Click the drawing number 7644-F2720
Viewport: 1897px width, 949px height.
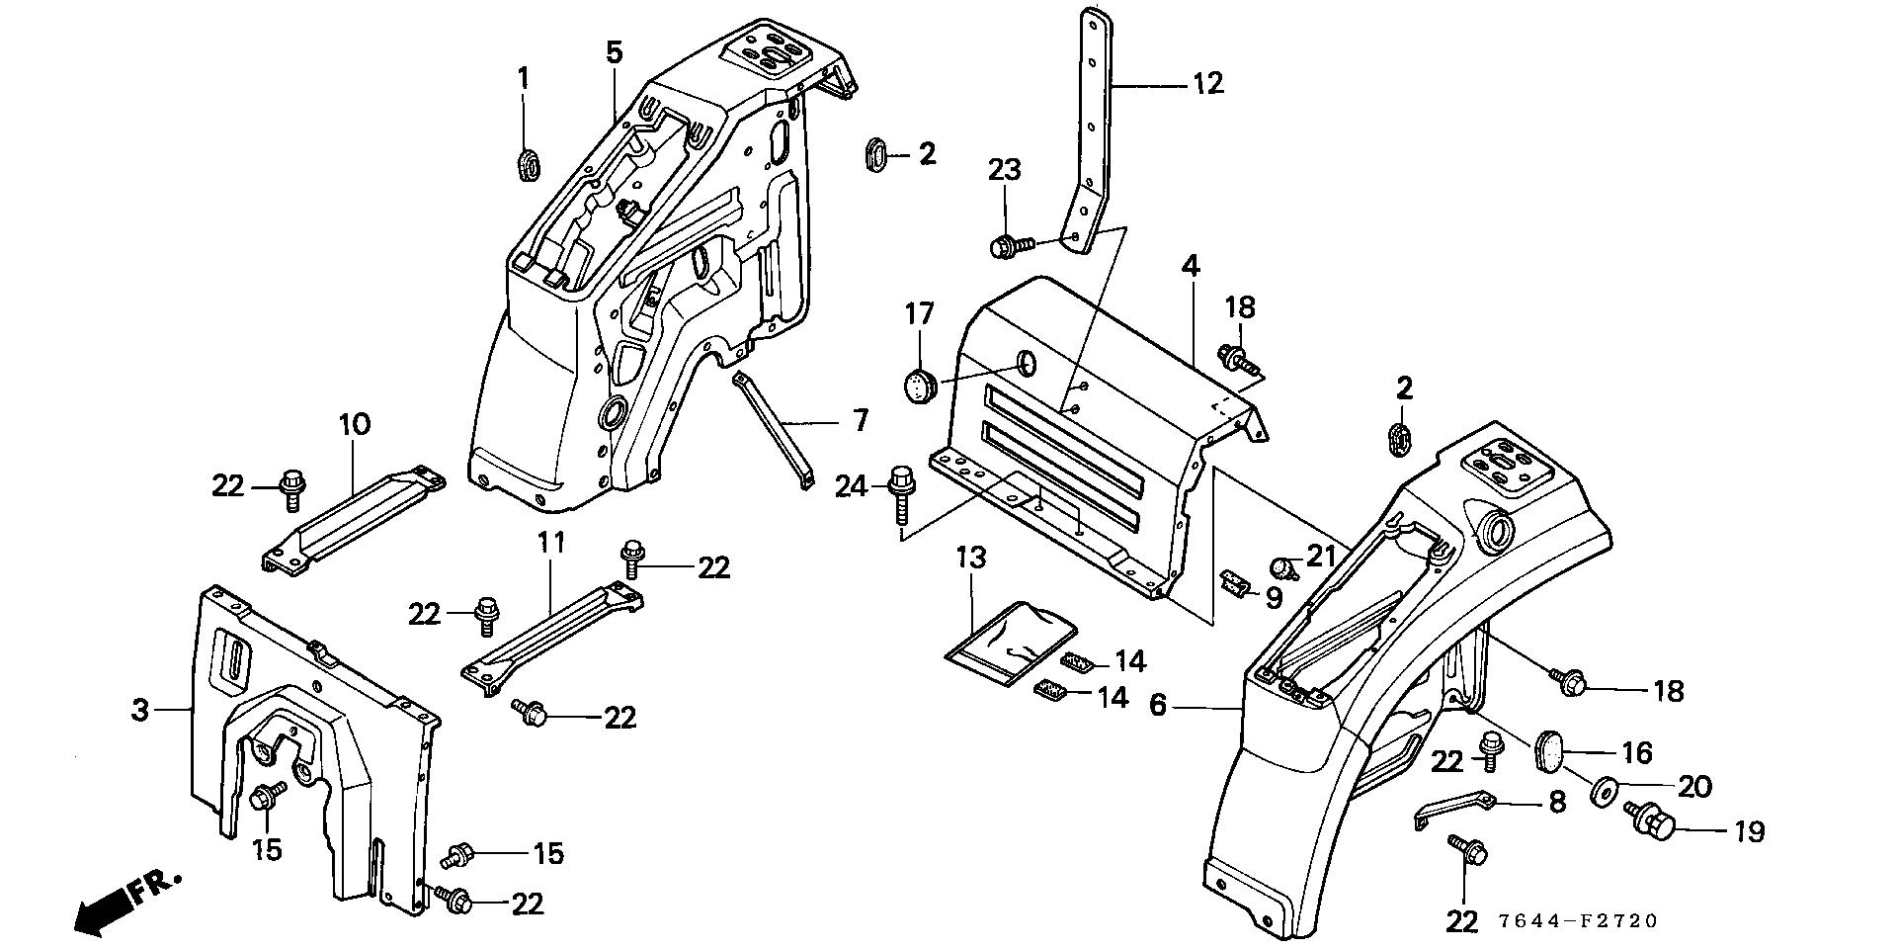[1576, 921]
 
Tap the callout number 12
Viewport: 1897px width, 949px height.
[1207, 83]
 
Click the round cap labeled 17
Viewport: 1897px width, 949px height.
[921, 387]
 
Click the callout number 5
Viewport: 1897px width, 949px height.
[614, 51]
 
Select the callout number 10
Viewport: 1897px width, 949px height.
[355, 425]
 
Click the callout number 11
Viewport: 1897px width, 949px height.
[551, 542]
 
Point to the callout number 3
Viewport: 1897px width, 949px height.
[141, 709]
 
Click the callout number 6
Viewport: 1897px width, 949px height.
[1158, 705]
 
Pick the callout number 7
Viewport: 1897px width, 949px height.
[860, 420]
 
